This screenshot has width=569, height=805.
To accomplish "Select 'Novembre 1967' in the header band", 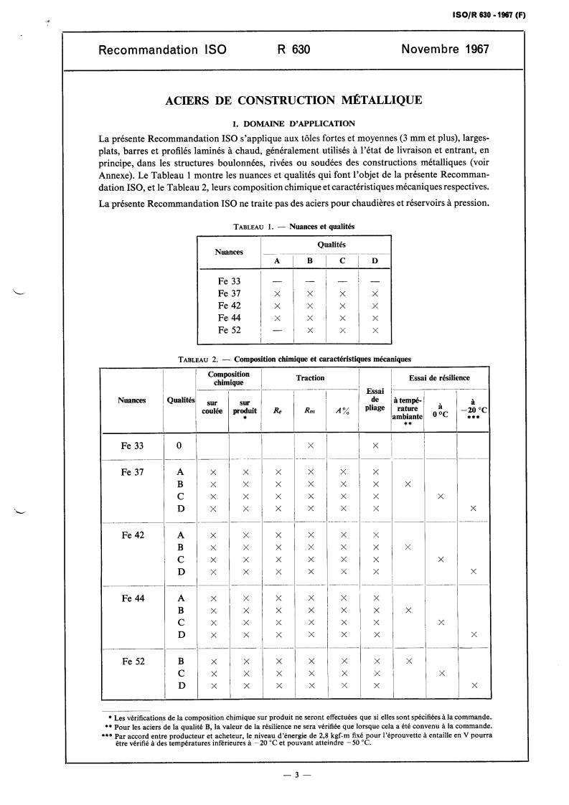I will coord(445,50).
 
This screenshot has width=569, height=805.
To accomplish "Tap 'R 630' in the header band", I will coord(293,50).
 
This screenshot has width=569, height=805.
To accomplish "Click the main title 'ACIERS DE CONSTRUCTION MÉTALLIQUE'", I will coord(294,100).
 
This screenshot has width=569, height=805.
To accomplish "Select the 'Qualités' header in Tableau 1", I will coord(326,245).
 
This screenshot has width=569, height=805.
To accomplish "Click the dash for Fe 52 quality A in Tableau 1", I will coord(278,331).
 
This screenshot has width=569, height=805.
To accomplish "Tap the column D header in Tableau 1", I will coord(375,261).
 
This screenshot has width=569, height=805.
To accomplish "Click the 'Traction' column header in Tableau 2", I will coord(311,377).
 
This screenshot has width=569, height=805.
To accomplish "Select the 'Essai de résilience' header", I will coord(440,377).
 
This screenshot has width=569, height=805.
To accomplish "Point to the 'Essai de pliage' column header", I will coord(375,400).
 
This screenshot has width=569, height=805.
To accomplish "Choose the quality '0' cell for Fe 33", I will coord(179,446).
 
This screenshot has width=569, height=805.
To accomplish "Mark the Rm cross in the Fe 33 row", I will coord(311,446).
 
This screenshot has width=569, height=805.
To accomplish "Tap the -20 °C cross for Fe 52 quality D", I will coord(473,687).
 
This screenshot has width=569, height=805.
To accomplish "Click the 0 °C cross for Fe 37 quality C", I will coord(441,496).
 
